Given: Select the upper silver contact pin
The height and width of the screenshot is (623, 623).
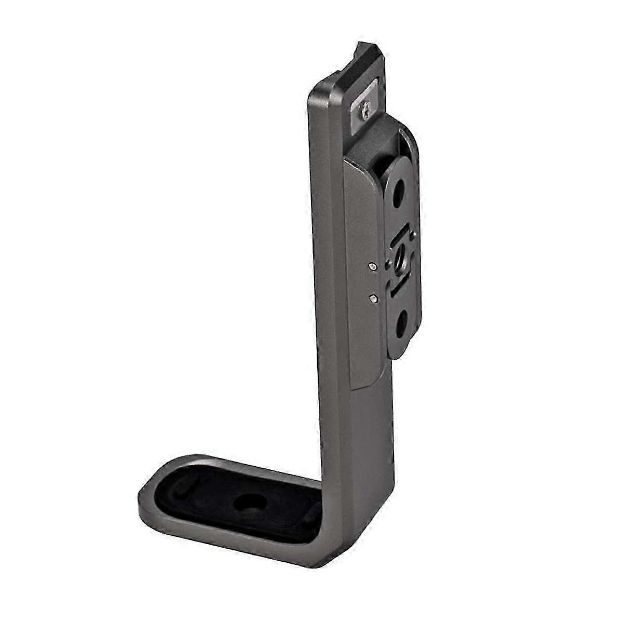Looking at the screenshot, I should (372, 267).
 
